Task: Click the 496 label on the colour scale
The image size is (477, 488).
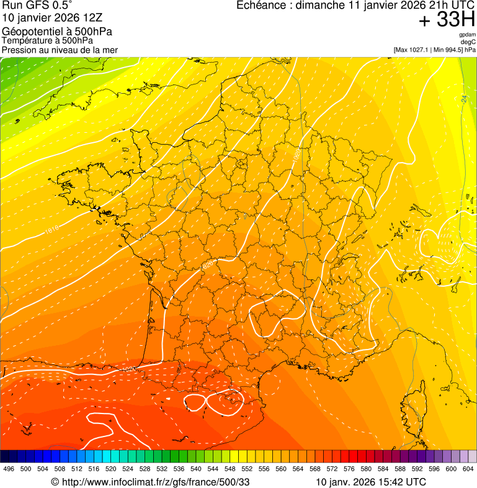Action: pos(9,469)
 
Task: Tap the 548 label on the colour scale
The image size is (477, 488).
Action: pos(230,469)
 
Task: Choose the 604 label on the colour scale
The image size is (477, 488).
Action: pos(468,469)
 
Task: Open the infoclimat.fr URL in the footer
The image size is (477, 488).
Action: pos(155,482)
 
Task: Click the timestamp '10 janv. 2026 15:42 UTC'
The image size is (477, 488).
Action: pos(371,482)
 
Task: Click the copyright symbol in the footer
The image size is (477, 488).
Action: pos(55,482)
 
